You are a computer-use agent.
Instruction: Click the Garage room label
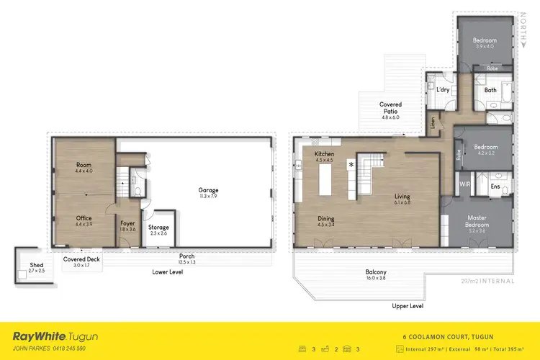(x=209, y=191)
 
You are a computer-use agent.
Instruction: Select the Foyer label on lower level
(x=127, y=224)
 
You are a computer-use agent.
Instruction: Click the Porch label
(x=186, y=256)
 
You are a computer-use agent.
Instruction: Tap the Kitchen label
(x=325, y=155)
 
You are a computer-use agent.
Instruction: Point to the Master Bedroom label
(x=478, y=221)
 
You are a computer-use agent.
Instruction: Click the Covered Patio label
(x=390, y=108)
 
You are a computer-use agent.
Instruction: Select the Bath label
(x=490, y=91)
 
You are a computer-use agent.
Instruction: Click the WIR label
(x=464, y=185)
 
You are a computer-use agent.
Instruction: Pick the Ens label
(x=495, y=186)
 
